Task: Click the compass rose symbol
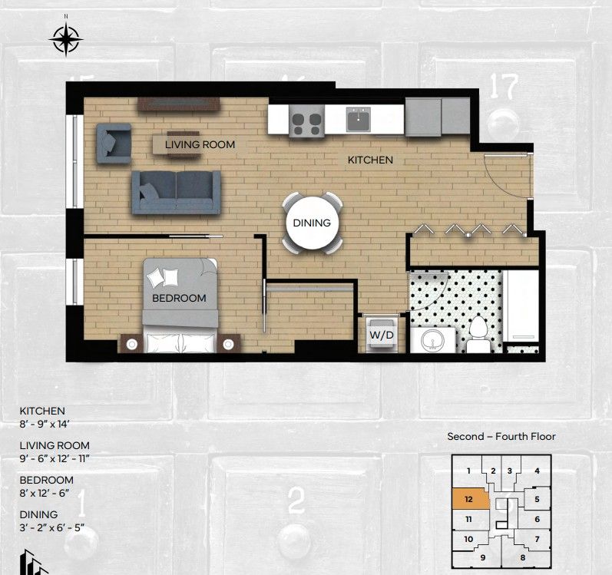click(66, 38)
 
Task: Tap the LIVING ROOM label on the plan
click(200, 144)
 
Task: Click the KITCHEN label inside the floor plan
click(370, 160)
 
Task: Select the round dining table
click(312, 223)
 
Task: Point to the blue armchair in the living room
click(114, 143)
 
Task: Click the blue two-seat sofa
click(177, 193)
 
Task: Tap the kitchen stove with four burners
click(306, 121)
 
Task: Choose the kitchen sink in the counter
click(358, 119)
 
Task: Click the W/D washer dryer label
click(382, 335)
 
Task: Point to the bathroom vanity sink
click(433, 340)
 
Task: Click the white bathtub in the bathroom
click(521, 306)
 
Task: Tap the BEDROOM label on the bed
click(179, 298)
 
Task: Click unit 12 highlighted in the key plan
click(469, 499)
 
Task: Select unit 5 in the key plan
click(537, 499)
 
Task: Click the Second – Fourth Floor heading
click(501, 437)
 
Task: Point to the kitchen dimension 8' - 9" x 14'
click(45, 424)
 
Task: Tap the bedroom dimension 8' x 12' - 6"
click(44, 493)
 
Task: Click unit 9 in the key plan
click(483, 557)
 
